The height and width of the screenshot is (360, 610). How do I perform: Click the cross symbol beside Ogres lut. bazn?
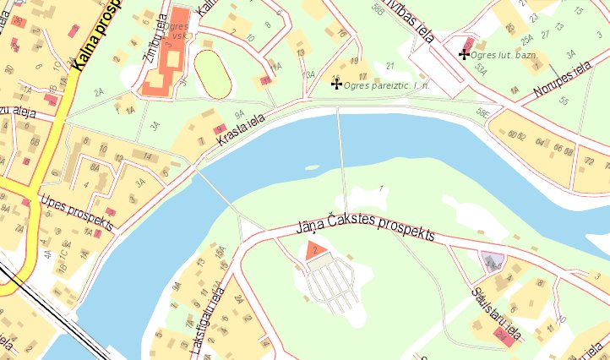pos(463,54)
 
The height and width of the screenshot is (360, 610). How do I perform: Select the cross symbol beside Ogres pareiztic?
pos(336,85)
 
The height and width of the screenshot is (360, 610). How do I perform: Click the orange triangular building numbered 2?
pos(314,248)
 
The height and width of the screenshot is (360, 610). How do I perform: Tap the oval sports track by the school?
pos(214,74)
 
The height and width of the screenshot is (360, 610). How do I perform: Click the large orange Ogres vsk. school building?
pos(167,51)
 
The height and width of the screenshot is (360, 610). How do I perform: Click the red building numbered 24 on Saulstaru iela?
pos(504,337)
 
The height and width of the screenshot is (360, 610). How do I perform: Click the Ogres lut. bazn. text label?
pos(505,55)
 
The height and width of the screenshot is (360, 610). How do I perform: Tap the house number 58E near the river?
pos(482,111)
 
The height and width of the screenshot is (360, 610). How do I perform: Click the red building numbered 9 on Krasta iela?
pos(221,128)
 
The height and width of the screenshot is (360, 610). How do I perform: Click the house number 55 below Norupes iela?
pos(564,101)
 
